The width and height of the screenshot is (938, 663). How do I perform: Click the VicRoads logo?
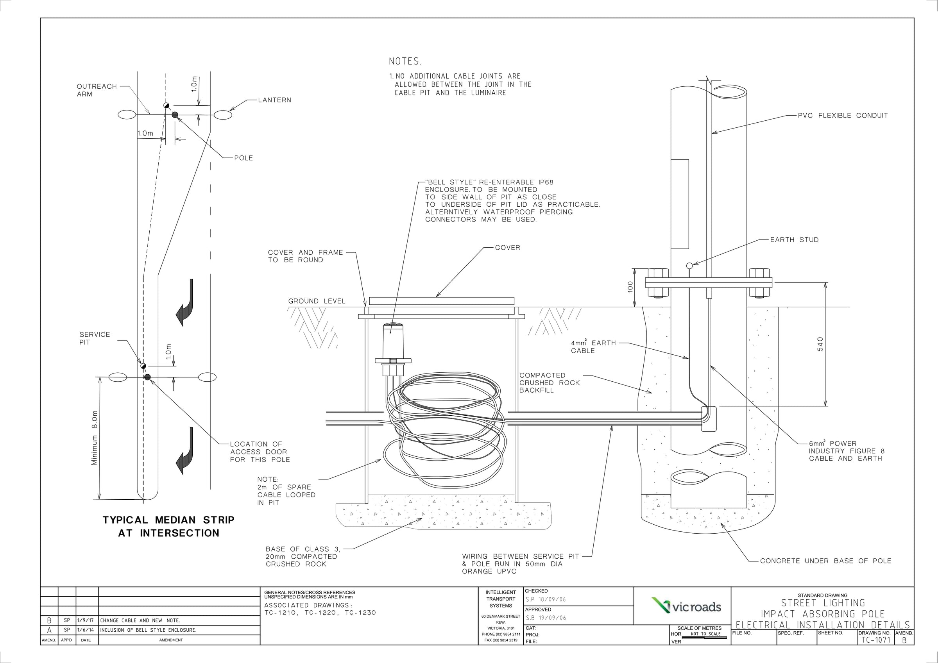[x=686, y=607]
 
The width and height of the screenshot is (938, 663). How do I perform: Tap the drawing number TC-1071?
[x=875, y=640]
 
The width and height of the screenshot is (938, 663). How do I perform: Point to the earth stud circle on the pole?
[x=689, y=266]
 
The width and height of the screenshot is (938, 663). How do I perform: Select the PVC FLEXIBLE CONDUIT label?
[x=842, y=116]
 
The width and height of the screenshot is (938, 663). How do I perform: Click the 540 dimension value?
[x=820, y=344]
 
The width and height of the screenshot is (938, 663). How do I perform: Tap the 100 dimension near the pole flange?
[x=630, y=287]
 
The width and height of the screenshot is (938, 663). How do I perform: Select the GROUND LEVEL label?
[x=317, y=301]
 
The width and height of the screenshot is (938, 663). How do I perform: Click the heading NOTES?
[x=405, y=62]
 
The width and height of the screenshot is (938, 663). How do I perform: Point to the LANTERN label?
[x=274, y=100]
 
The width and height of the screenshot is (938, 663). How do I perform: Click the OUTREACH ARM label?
[x=97, y=90]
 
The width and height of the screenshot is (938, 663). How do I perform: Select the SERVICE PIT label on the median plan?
[x=94, y=338]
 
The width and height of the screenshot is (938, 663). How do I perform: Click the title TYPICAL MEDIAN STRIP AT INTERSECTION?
[x=168, y=526]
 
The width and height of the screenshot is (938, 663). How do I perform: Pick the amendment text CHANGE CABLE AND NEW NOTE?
[x=140, y=620]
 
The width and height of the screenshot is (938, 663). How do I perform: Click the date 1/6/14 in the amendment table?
[x=85, y=630]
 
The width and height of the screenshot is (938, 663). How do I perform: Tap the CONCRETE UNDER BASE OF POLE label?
[x=825, y=561]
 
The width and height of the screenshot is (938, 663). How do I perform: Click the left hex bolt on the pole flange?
[x=658, y=282]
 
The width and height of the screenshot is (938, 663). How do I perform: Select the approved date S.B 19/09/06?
[x=546, y=618]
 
